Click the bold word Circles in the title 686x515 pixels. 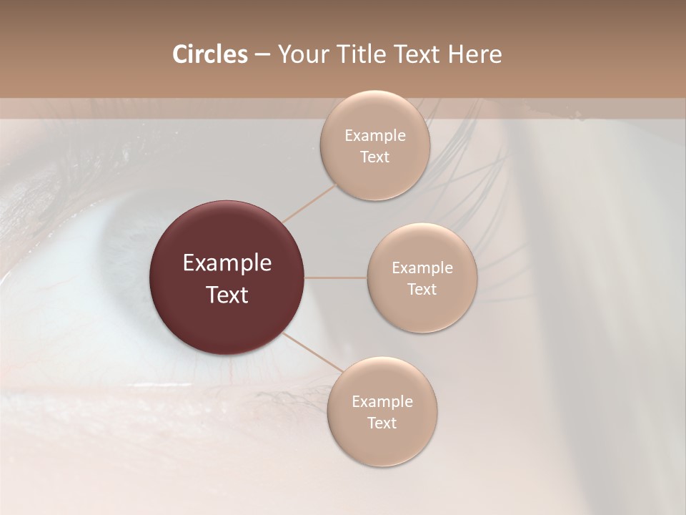tap(210, 54)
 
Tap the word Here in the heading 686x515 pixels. tap(475, 54)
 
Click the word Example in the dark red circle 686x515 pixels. tap(227, 263)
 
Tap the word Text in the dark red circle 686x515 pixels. tap(227, 295)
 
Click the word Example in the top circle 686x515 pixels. tap(375, 136)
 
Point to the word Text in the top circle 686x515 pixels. tap(375, 157)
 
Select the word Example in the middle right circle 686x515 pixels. tap(422, 268)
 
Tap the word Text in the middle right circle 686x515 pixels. tap(422, 290)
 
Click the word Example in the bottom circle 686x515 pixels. tap(382, 402)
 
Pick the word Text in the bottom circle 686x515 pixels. tap(382, 423)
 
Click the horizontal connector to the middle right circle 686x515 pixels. tap(336, 278)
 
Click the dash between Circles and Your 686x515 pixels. tap(262, 55)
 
